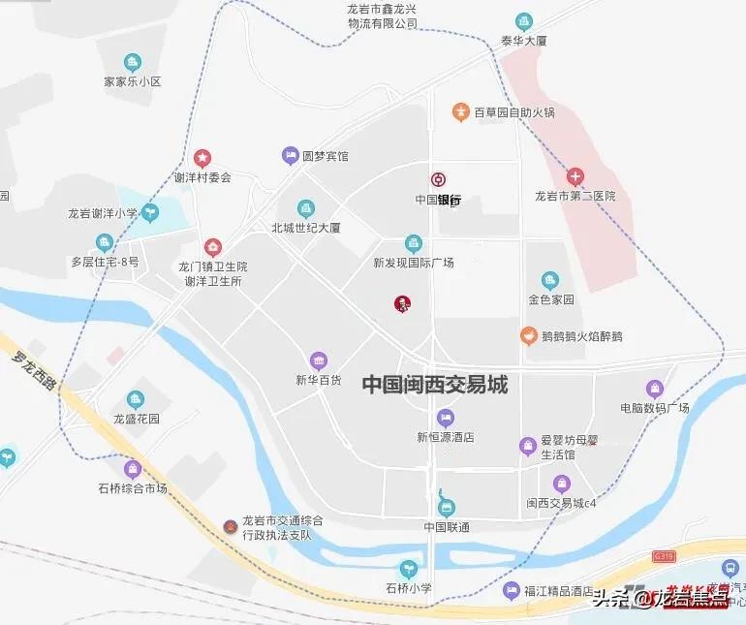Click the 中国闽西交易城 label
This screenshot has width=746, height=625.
point(435,384)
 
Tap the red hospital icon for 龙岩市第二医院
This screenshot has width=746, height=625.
point(575,176)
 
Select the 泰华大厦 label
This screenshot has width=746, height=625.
point(524,42)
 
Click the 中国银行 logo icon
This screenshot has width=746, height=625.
point(438,179)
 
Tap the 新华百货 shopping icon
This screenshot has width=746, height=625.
point(319,360)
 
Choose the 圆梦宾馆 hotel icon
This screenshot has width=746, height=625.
point(290,155)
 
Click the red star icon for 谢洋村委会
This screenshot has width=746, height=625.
point(202,158)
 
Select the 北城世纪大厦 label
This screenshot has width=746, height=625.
point(306,229)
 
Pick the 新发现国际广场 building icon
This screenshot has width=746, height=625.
point(414,242)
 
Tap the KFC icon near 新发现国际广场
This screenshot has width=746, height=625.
point(402,303)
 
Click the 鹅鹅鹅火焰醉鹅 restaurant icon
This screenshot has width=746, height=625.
point(528,336)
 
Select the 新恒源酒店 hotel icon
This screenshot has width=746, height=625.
point(445,418)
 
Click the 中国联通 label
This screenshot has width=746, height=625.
point(446,527)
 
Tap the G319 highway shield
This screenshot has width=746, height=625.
point(663,556)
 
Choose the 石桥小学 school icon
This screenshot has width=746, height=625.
point(408,569)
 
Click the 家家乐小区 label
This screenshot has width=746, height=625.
point(133,82)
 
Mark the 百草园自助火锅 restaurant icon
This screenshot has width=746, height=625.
point(460,112)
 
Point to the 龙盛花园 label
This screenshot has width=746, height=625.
point(136,420)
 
